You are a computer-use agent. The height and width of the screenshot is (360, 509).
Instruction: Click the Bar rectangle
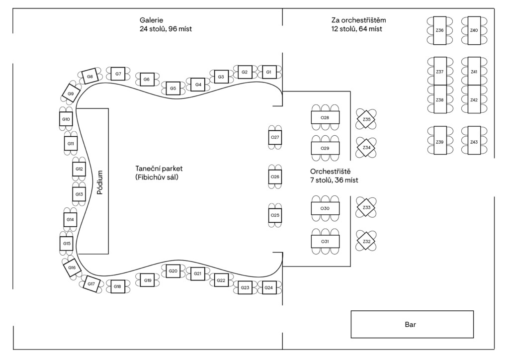click(x=412, y=324)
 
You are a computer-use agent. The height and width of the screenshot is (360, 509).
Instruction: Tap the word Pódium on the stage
click(x=100, y=182)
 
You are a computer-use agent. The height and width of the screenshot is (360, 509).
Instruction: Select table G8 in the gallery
click(x=90, y=76)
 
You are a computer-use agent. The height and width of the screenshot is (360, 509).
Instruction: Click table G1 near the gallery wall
click(x=268, y=72)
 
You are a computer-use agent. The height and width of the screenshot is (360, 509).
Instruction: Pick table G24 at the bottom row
click(x=268, y=287)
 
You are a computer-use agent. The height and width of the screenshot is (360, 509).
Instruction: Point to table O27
click(x=275, y=137)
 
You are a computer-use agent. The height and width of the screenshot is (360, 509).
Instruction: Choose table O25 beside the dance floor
click(x=275, y=215)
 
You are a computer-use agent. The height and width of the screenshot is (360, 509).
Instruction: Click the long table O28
click(x=325, y=117)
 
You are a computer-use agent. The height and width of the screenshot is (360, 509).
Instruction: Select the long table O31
click(x=325, y=242)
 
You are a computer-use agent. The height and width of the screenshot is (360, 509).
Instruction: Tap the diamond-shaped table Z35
click(x=366, y=119)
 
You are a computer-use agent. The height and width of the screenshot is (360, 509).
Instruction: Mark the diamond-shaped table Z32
click(x=366, y=241)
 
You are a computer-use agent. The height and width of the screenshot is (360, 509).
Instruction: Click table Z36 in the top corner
click(x=440, y=30)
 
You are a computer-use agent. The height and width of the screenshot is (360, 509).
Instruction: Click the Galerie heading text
click(x=151, y=20)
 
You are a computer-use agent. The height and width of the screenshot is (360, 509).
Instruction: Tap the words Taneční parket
click(x=159, y=169)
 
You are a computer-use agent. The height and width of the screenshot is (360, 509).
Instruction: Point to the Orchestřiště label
click(x=330, y=172)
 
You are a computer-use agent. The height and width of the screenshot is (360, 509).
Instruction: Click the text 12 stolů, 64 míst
click(x=357, y=29)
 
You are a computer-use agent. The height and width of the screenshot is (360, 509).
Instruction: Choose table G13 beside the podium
click(x=79, y=194)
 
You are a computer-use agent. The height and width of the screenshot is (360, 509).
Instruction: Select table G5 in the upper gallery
click(x=173, y=89)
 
